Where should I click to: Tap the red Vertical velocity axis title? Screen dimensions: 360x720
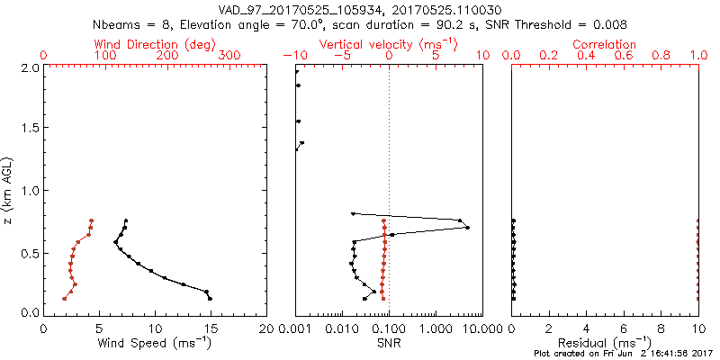(x=389, y=44)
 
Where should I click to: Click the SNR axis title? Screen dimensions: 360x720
(x=389, y=343)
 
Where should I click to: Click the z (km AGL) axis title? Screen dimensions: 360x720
(x=9, y=189)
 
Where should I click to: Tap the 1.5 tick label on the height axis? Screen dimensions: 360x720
(x=30, y=129)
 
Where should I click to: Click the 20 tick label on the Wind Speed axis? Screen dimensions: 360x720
(x=266, y=327)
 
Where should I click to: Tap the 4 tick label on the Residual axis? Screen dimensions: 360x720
(x=586, y=327)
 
